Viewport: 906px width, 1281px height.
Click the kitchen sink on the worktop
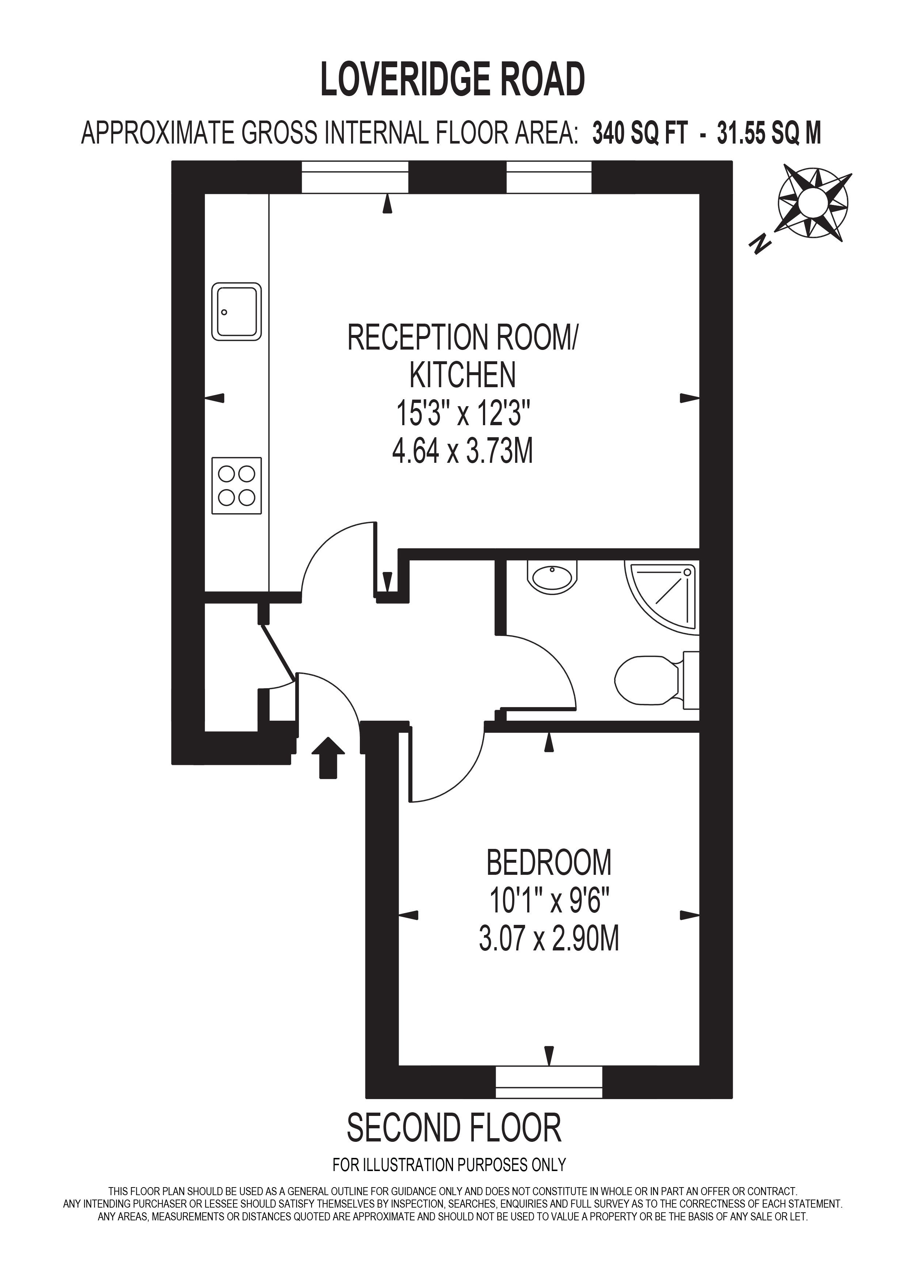click(x=236, y=312)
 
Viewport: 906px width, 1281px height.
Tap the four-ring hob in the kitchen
click(x=236, y=485)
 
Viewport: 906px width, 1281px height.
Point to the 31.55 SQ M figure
click(x=769, y=134)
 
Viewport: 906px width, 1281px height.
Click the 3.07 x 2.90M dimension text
click(x=549, y=938)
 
